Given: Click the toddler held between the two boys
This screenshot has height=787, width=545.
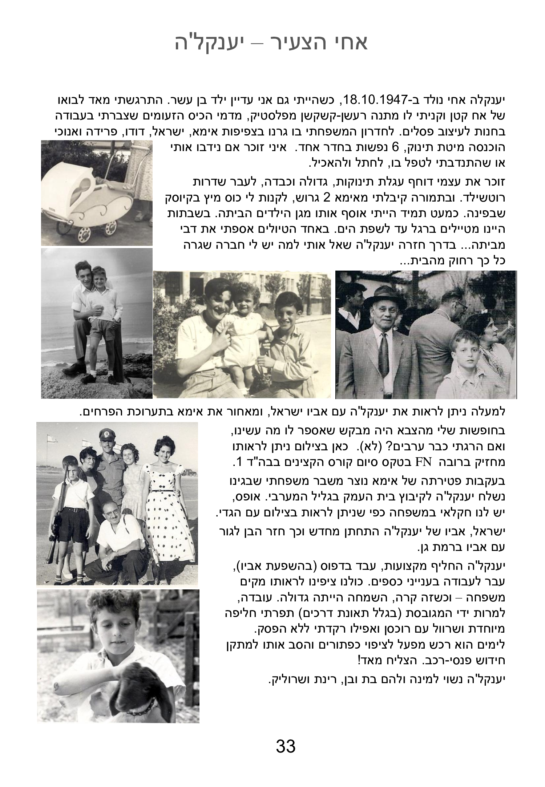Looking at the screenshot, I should point(245,332).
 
